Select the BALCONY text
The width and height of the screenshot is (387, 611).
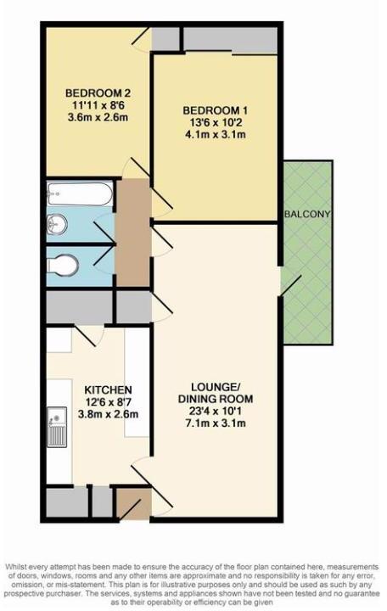coord(307,214)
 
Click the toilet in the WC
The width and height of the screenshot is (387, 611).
coord(63,266)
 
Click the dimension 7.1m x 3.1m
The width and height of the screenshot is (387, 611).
coord(216,425)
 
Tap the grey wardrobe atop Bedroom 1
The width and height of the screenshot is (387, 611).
coord(231,39)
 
